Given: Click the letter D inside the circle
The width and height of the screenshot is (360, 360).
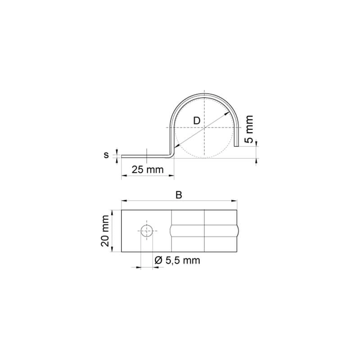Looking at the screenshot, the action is tap(197, 121).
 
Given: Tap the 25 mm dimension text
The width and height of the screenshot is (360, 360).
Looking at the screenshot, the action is tap(148, 170).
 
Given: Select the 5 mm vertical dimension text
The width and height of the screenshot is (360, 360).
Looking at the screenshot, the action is tap(249, 129).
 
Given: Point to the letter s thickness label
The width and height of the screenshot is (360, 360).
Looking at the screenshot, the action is tap(106, 155).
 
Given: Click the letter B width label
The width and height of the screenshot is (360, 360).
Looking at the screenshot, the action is tap(179, 195).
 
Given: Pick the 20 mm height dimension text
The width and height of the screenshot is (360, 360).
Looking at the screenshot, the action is tap(105, 231).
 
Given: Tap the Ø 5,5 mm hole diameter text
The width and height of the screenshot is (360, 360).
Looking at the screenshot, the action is tap(177, 261).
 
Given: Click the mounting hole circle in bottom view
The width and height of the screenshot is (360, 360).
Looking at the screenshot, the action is tap(147, 231).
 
